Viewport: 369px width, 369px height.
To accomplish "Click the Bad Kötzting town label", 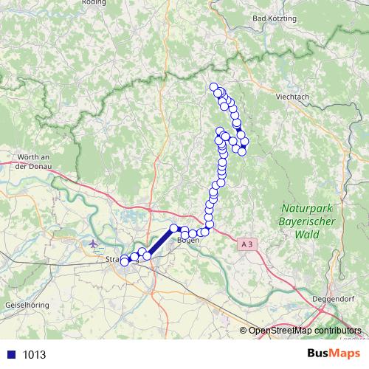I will point(274,17).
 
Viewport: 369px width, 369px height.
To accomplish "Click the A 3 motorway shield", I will point(247,243).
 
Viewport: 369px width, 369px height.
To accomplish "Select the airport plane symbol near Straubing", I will point(92,244).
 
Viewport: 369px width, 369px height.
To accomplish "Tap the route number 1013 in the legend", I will point(34,354).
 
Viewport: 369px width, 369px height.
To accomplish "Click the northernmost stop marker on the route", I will point(214,87).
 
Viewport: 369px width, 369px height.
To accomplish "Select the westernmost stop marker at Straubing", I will point(125,261).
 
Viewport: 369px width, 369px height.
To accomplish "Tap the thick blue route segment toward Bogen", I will point(160,242).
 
